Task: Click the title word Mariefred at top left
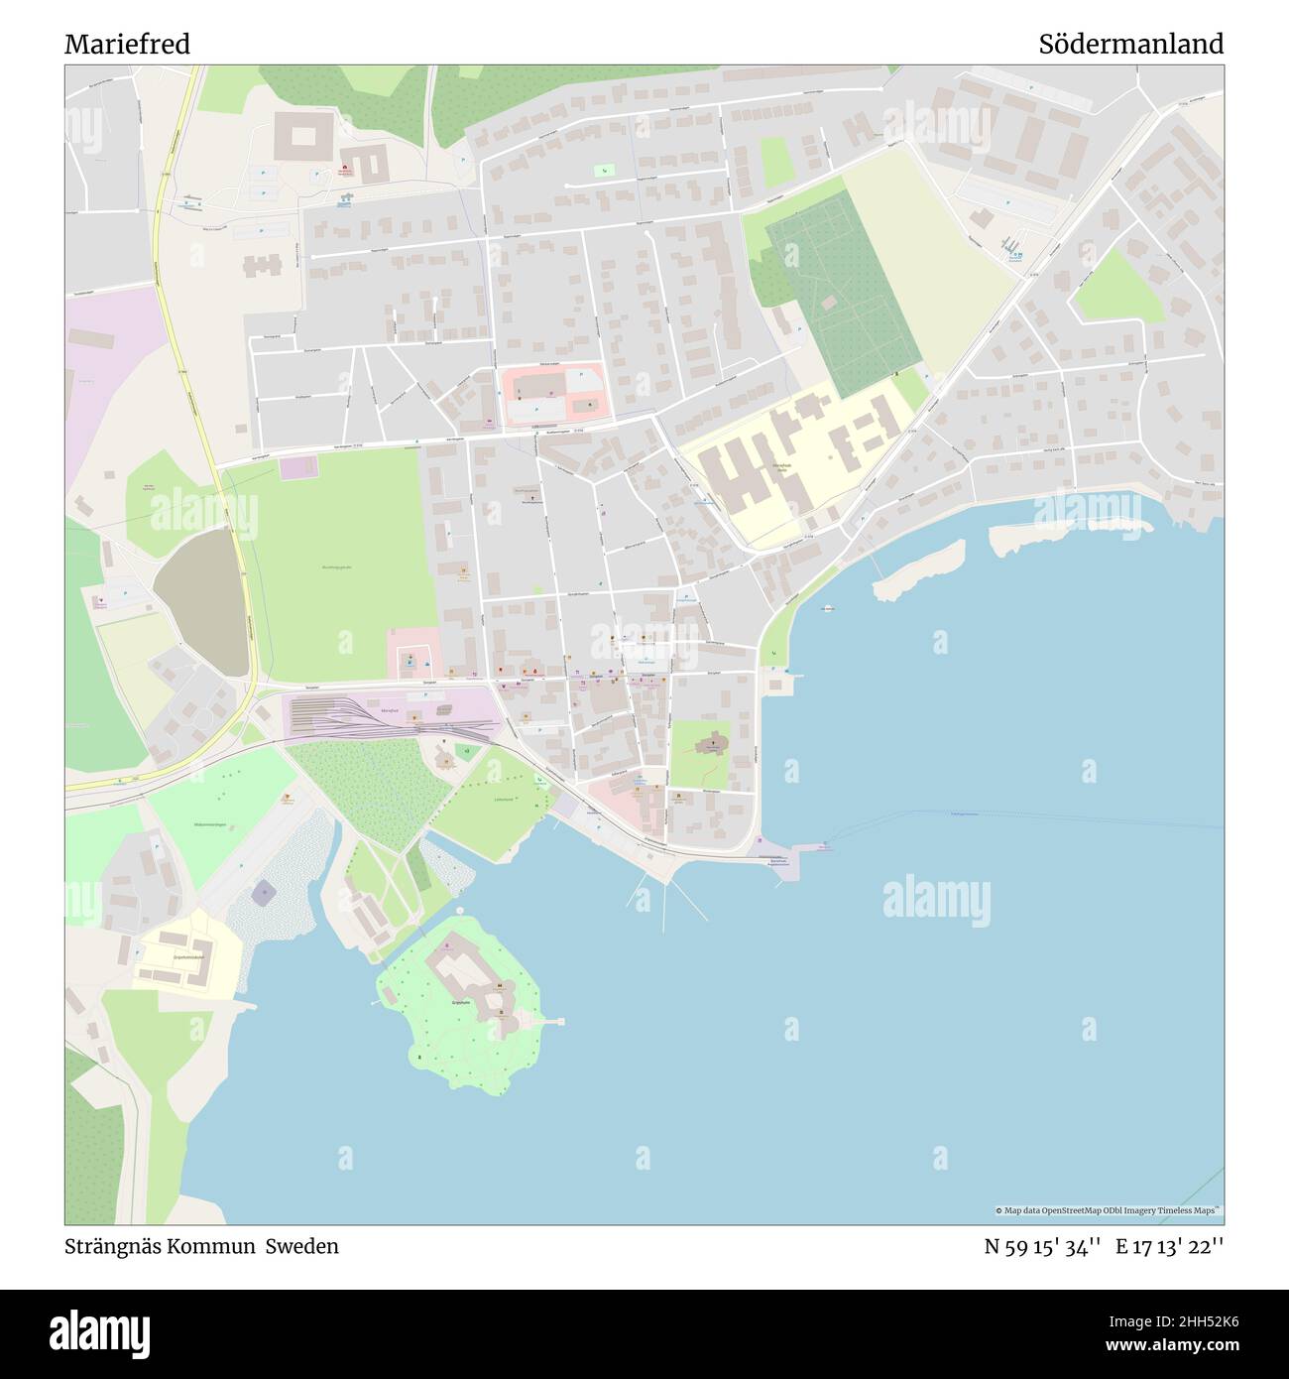click(127, 45)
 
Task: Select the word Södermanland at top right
click(1130, 45)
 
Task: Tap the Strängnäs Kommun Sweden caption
click(201, 1246)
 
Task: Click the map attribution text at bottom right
click(1109, 1210)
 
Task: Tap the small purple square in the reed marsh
click(263, 893)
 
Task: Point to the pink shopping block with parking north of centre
click(551, 394)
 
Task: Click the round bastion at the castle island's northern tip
click(460, 909)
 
